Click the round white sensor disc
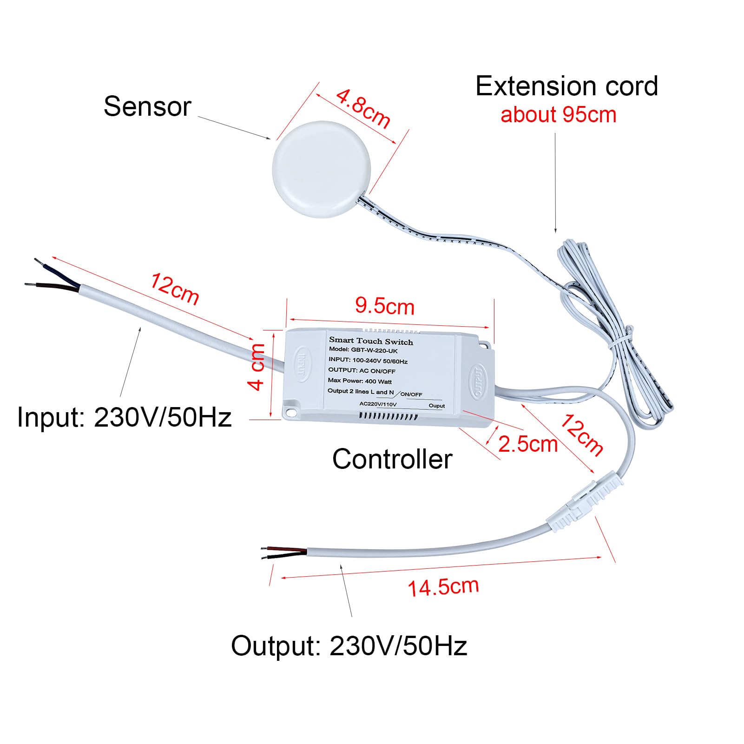(322, 170)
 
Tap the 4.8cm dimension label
(363, 109)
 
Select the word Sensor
(147, 106)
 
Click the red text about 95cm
(559, 115)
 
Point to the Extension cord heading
(567, 86)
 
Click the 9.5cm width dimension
(385, 306)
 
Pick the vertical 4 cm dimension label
(257, 367)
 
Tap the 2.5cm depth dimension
(528, 444)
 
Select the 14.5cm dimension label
(443, 587)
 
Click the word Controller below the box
(392, 459)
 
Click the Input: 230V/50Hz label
(124, 417)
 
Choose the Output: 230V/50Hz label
(349, 646)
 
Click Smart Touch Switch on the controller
(371, 341)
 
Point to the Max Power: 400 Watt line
(360, 381)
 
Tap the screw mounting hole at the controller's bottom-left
(291, 412)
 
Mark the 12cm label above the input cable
(175, 289)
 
